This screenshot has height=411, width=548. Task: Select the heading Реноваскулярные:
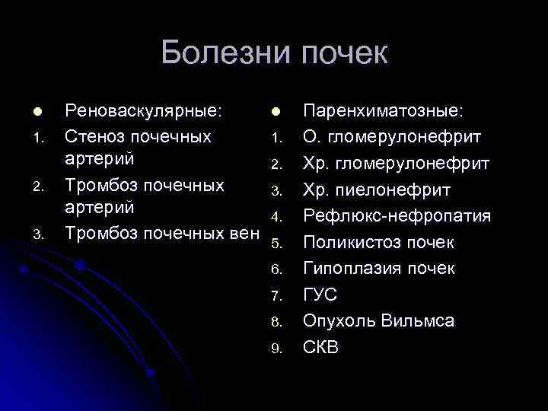[144, 111]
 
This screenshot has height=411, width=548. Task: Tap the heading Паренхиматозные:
[382, 111]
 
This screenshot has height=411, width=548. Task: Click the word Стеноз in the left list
[96, 138]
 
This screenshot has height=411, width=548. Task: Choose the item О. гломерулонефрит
[392, 138]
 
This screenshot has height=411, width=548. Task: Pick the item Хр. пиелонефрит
[377, 190]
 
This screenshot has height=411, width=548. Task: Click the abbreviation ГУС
[320, 295]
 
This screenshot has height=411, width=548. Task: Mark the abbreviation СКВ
[321, 347]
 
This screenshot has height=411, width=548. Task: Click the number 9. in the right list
[277, 349]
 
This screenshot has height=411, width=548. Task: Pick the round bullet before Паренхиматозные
[276, 112]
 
